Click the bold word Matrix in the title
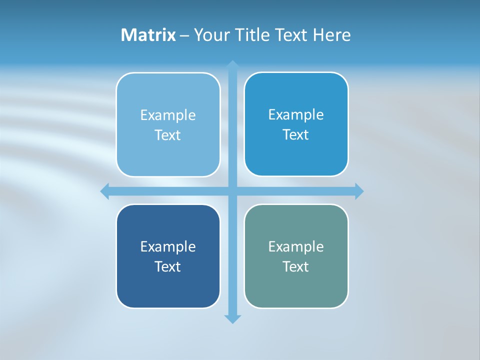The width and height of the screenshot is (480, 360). click(148, 35)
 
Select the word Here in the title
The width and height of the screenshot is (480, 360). click(332, 35)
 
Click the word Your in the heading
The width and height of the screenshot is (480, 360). click(212, 35)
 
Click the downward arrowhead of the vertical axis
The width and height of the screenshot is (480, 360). click(232, 318)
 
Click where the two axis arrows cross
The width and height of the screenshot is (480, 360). click(232, 191)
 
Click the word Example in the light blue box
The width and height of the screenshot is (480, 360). click(168, 115)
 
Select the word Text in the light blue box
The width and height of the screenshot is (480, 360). click(168, 135)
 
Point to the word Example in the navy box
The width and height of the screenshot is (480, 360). click(168, 246)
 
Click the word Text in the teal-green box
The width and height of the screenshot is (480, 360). click(296, 266)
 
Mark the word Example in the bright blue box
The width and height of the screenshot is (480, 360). click(296, 115)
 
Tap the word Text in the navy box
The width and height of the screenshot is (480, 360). click(168, 266)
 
